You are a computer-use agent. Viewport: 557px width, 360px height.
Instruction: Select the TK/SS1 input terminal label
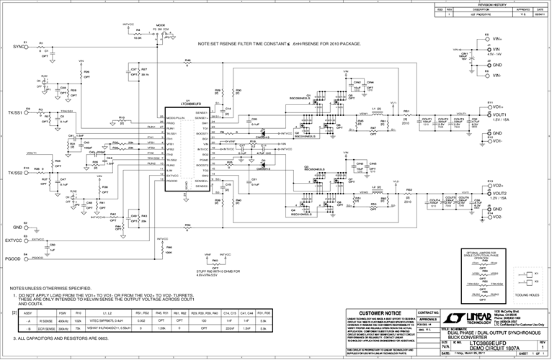[15, 112]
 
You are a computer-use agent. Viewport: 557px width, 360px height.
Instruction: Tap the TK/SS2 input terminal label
[15, 174]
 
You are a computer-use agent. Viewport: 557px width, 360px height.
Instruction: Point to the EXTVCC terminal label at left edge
[14, 239]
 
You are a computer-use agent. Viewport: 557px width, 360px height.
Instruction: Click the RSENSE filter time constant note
[278, 44]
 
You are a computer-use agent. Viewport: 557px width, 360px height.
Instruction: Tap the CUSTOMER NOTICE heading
[377, 313]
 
